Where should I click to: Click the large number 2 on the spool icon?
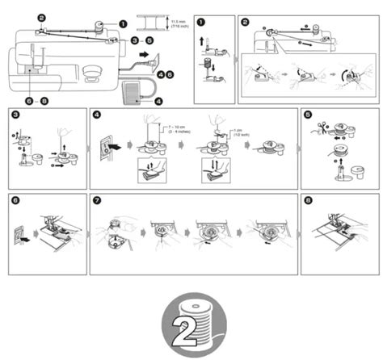pos(191,325)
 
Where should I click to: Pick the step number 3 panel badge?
pos(15,115)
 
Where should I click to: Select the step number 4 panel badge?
pos(97,115)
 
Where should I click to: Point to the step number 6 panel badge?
pos(15,199)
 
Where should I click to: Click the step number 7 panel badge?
pos(97,199)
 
